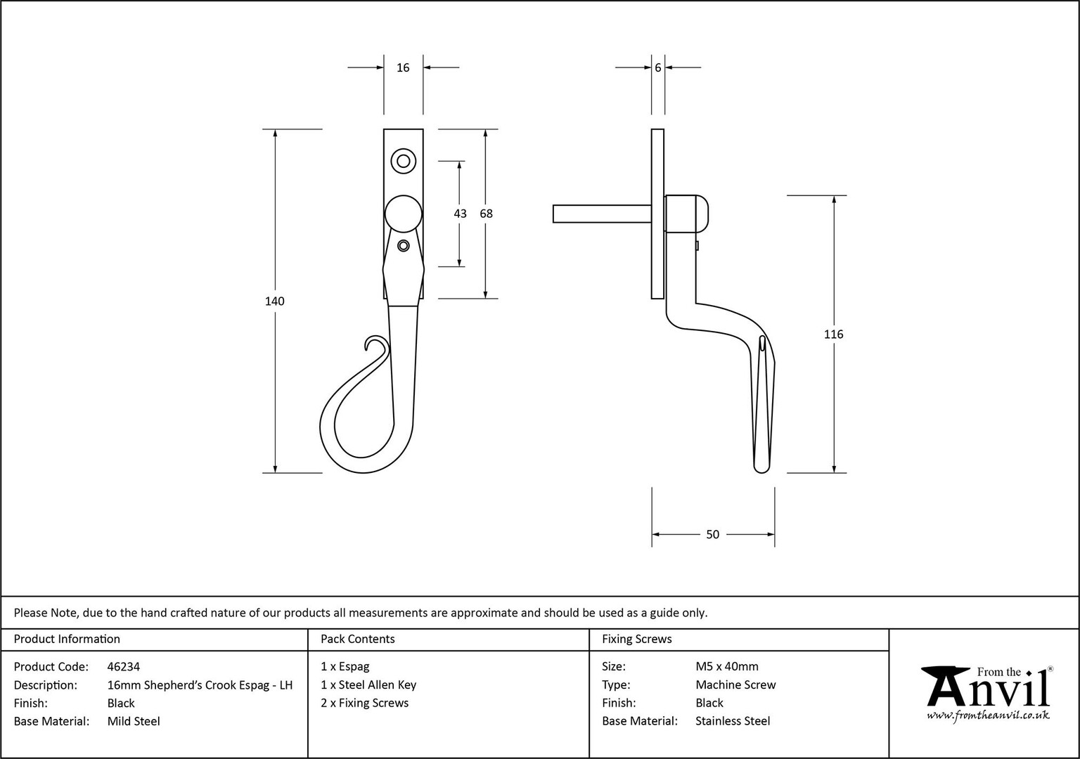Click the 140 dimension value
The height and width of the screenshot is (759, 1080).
click(274, 301)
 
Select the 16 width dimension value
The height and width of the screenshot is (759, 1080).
click(403, 68)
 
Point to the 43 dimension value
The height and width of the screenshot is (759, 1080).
click(460, 214)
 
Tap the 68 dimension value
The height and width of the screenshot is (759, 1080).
click(486, 214)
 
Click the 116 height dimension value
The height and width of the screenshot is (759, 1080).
click(834, 335)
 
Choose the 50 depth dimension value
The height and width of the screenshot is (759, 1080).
click(712, 534)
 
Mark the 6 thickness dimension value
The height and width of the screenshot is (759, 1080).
click(658, 68)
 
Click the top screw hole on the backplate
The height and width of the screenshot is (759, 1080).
click(404, 161)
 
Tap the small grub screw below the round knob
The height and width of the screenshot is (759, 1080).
click(404, 246)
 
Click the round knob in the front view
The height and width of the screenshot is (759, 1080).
click(404, 214)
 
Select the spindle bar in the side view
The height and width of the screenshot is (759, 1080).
click(602, 214)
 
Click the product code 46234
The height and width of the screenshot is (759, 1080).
click(124, 666)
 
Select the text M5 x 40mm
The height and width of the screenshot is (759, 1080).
click(726, 666)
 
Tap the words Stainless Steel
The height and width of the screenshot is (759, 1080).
click(733, 721)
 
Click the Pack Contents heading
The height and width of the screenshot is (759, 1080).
click(358, 639)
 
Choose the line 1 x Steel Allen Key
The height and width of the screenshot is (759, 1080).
click(368, 685)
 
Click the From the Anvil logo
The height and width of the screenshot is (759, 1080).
click(987, 694)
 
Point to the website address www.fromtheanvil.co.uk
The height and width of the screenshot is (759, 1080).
click(988, 715)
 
